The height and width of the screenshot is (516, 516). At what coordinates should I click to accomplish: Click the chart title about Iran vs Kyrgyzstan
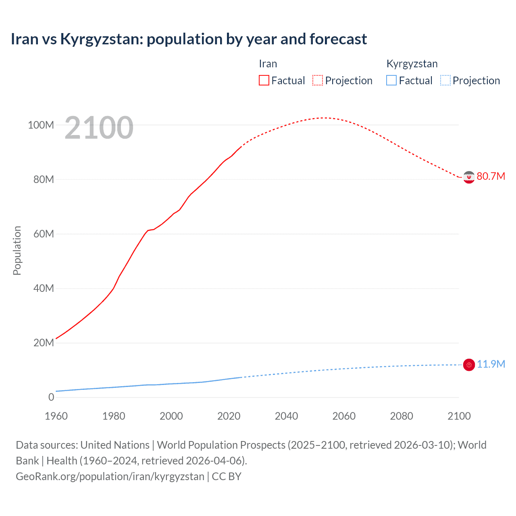189,39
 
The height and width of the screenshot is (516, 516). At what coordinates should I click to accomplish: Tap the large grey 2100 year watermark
99,128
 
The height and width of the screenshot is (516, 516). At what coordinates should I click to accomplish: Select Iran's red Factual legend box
264,80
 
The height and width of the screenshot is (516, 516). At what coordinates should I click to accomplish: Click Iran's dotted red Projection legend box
318,80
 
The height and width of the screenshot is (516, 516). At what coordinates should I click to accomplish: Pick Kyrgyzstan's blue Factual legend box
391,80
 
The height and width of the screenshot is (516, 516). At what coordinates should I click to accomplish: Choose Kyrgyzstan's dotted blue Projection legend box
445,80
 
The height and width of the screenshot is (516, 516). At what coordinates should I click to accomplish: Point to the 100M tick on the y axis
41,125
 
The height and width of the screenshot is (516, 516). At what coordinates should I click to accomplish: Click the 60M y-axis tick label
43,234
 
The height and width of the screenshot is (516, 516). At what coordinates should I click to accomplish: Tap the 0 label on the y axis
51,397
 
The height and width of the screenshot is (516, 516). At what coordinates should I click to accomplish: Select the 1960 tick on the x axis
56,416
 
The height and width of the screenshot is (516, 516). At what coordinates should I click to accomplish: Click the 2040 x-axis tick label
286,416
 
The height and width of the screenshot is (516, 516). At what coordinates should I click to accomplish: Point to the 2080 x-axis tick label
402,416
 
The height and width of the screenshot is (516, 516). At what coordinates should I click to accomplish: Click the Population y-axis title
17,250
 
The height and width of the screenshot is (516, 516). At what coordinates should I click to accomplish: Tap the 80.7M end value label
491,176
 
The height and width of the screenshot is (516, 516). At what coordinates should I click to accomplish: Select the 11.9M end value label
491,364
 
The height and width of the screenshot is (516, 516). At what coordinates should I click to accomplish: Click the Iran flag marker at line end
468,177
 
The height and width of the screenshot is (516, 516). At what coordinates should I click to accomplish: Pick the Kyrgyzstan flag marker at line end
468,365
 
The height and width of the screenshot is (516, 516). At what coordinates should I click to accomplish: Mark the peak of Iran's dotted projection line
324,118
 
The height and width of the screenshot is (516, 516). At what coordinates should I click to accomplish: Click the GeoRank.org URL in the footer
110,476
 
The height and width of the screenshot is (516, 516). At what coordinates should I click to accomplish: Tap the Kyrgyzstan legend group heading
412,64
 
